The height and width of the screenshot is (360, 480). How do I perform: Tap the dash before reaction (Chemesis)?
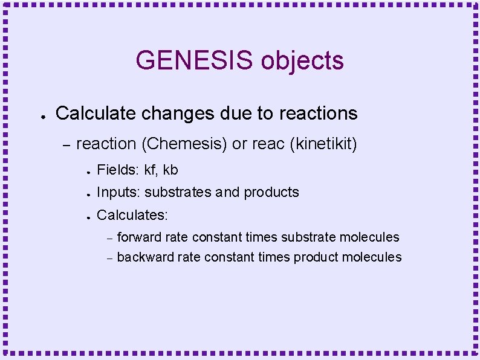coord(66,144)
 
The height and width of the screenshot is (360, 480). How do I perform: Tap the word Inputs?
coord(118,193)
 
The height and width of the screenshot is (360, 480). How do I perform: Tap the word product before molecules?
coord(316,257)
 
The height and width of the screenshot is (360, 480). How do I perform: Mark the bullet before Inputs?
coord(88,194)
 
